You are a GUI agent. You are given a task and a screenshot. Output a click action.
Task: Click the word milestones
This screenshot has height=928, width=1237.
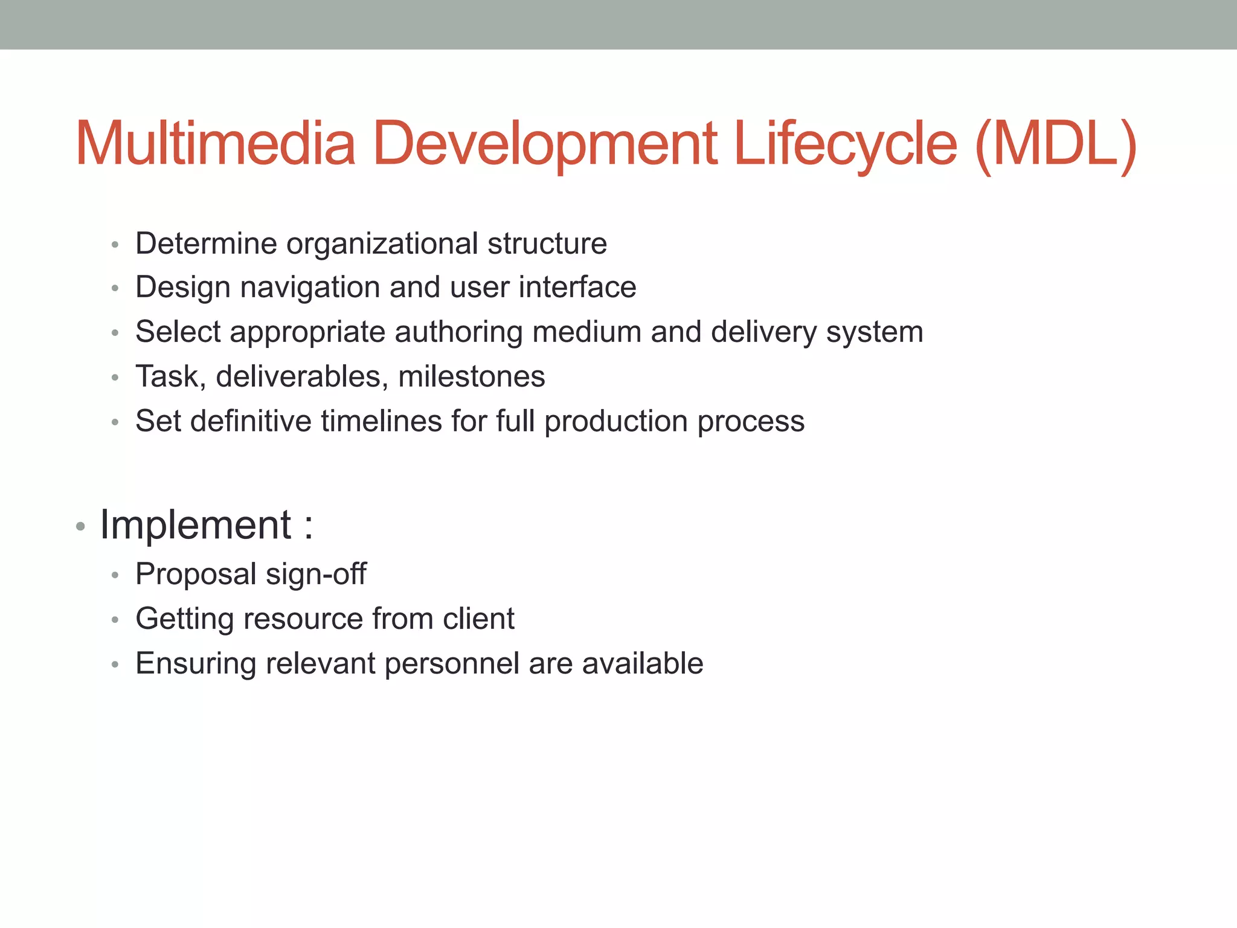click(x=471, y=376)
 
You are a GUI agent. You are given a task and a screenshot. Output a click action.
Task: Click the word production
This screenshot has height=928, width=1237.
click(x=615, y=421)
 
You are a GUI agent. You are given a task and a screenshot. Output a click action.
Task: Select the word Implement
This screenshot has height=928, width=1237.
click(x=196, y=524)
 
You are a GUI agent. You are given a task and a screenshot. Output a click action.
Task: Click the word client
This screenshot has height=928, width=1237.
click(x=478, y=619)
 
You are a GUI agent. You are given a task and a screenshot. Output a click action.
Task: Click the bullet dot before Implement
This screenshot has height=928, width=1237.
click(x=80, y=527)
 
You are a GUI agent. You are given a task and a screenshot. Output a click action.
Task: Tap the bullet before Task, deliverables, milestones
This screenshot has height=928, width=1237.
click(x=115, y=378)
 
